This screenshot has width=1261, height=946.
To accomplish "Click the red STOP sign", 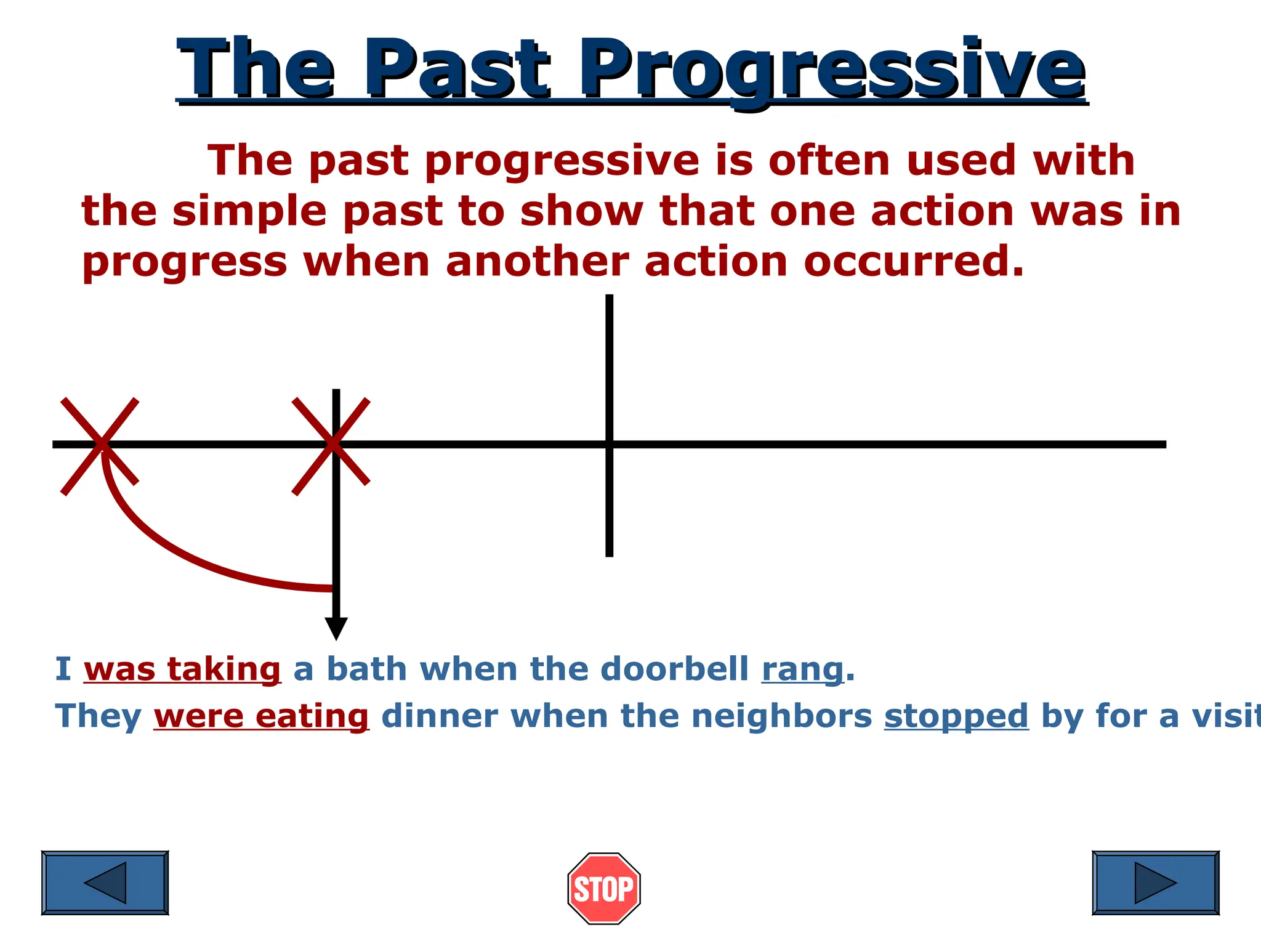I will point(603,888).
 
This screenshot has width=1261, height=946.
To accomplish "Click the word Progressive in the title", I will point(831,71).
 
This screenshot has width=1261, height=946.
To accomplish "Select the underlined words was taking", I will point(182,669).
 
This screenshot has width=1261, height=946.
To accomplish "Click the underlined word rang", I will point(802,669).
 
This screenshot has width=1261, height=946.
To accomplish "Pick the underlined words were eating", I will point(261,717).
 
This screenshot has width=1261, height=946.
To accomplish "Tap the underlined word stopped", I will point(956,717).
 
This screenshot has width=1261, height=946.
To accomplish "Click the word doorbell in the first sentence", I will point(674,669).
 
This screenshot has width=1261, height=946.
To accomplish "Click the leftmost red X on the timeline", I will point(100,445).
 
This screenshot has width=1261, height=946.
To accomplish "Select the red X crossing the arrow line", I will point(331,445).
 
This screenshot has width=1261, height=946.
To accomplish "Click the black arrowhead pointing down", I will point(336,628).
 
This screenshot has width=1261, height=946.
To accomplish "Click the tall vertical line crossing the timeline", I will point(609,370).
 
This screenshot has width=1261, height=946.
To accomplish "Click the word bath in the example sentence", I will point(366,669).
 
